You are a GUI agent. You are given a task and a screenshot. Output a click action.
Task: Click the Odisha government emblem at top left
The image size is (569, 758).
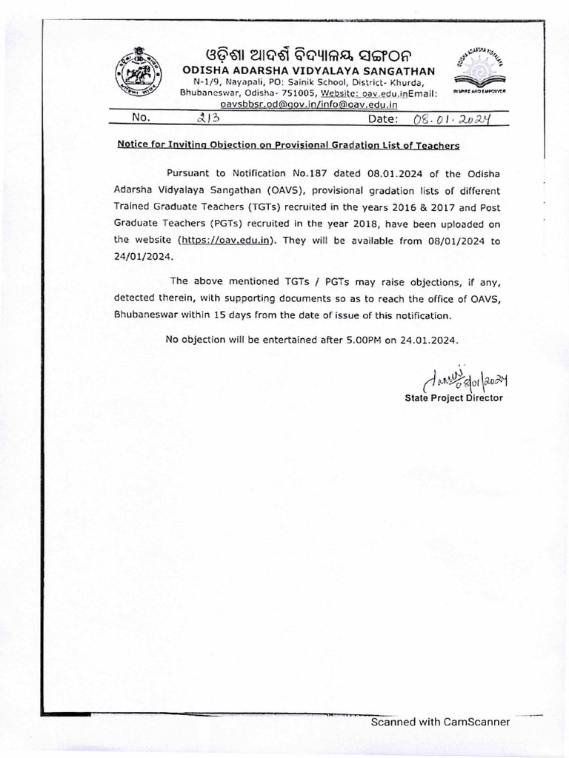point(139,70)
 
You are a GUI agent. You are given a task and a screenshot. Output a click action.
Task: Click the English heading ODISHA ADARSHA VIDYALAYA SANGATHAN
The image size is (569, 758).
point(309,71)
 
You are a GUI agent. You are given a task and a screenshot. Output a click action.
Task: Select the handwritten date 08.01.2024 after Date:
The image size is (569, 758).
point(449,118)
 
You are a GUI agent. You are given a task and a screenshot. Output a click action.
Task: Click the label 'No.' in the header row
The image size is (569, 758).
point(141,118)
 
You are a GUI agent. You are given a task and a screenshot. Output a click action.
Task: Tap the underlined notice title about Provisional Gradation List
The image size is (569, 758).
point(288,146)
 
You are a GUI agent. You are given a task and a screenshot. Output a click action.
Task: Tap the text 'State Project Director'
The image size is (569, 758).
point(453,398)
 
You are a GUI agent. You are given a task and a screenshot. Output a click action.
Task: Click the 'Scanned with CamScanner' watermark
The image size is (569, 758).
point(440,722)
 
